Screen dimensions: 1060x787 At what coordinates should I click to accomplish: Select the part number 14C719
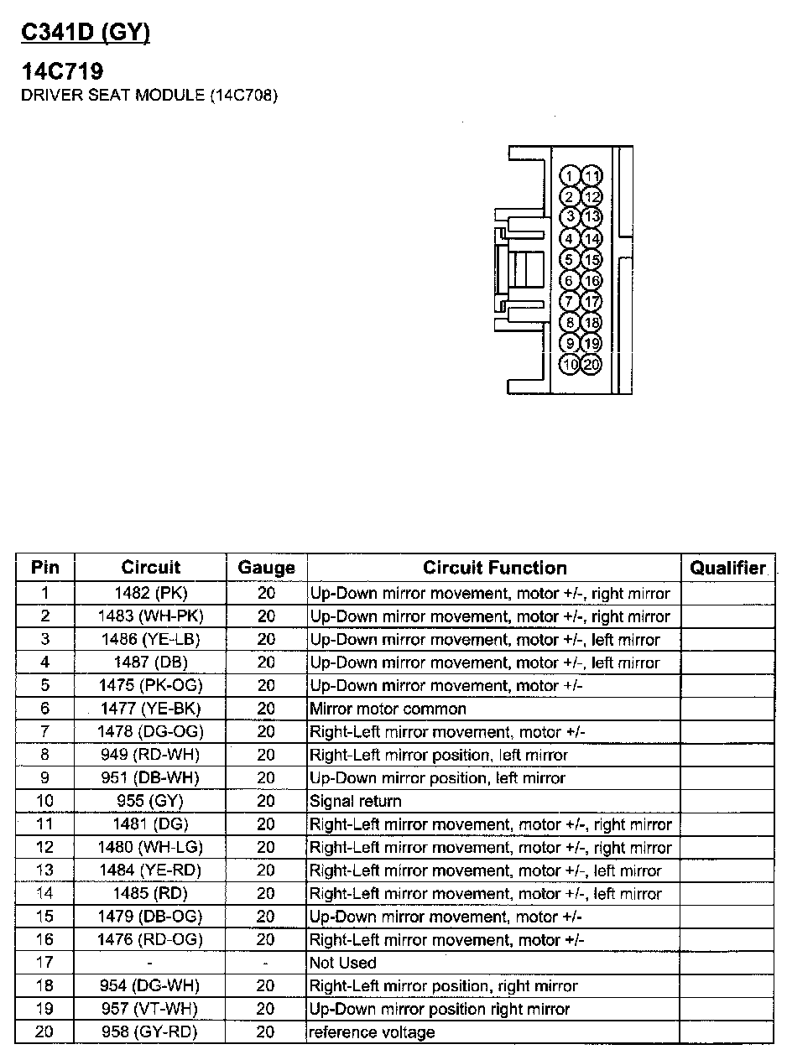(x=62, y=73)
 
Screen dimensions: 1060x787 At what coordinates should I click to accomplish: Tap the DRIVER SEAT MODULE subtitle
(x=149, y=95)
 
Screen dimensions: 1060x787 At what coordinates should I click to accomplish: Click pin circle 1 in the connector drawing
(x=571, y=176)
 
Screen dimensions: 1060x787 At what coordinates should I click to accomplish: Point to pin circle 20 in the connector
(x=592, y=365)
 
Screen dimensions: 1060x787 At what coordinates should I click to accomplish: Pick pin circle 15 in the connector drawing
(x=592, y=260)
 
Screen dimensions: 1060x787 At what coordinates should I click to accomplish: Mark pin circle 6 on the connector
(x=571, y=281)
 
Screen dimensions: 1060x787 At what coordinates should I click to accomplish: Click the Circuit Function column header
(x=494, y=568)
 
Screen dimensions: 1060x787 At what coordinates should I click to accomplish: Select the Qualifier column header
(x=727, y=568)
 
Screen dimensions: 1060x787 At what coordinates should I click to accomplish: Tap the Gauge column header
(x=266, y=568)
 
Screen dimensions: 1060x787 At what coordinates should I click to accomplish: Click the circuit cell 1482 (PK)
(x=151, y=594)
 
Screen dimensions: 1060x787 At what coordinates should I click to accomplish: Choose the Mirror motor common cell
(x=388, y=709)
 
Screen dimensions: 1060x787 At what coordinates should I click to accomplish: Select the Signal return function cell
(x=356, y=802)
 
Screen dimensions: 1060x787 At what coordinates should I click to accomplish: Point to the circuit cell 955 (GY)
(x=151, y=802)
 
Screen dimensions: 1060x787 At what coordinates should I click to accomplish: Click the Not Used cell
(x=343, y=963)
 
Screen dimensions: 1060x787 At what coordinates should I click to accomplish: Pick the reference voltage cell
(x=373, y=1032)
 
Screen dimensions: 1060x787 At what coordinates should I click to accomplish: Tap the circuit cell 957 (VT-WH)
(x=151, y=1009)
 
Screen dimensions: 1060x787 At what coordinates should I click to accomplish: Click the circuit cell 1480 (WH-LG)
(x=151, y=848)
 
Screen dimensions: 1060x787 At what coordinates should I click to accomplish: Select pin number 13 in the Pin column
(x=45, y=870)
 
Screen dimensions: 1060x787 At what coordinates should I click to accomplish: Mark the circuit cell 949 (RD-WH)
(x=151, y=756)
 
